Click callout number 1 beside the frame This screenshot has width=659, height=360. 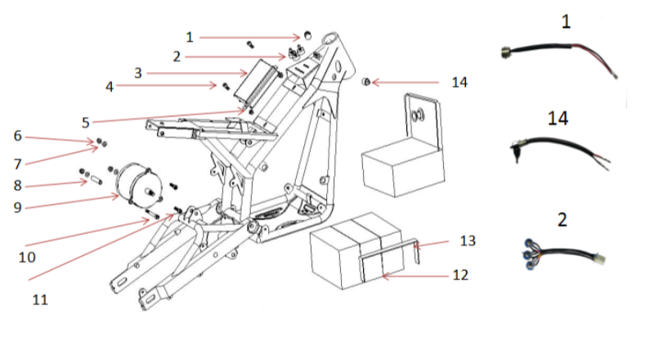[190, 37]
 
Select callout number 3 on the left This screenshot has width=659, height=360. [138, 72]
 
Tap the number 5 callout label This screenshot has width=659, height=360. [86, 122]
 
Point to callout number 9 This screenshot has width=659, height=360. [17, 207]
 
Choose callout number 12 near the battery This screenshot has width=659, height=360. [460, 275]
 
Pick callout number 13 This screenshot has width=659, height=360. [467, 241]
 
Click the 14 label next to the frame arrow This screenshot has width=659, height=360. [460, 82]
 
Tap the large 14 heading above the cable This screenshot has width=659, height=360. [558, 119]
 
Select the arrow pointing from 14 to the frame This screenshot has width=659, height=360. [408, 82]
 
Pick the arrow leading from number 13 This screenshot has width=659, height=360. [433, 242]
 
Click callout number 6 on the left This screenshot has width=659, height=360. [17, 135]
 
